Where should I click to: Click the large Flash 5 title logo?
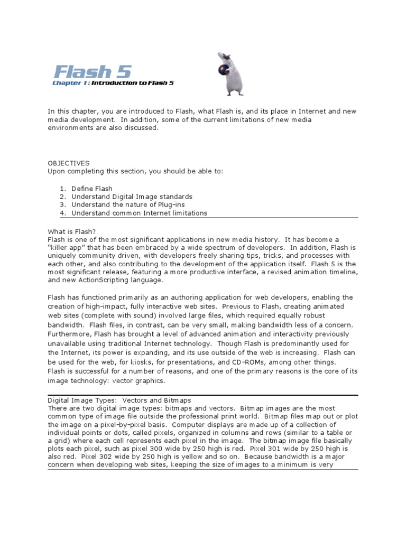(x=93, y=71)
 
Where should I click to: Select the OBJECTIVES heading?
(x=69, y=163)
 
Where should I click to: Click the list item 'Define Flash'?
(x=92, y=188)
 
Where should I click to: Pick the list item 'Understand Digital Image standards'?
(x=132, y=197)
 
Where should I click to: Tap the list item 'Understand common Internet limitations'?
(x=139, y=213)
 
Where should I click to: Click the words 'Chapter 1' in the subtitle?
(x=70, y=83)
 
